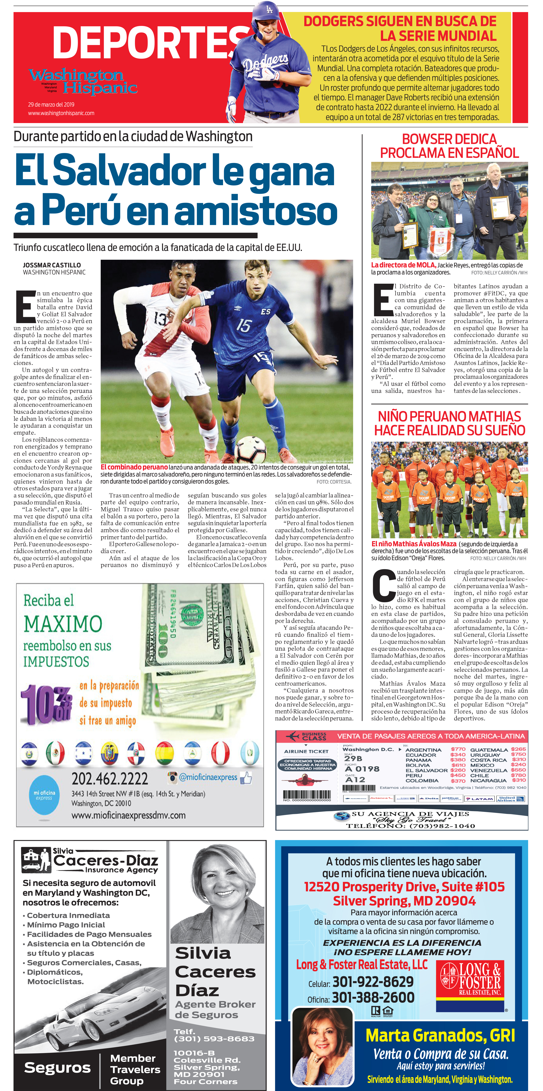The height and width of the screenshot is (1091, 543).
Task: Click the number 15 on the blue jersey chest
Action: [x=244, y=326]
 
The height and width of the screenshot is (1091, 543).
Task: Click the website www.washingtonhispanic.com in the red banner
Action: [x=61, y=113]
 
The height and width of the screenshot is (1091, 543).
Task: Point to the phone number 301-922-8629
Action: [x=373, y=981]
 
